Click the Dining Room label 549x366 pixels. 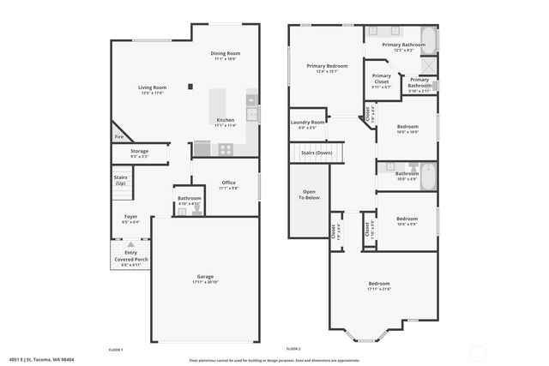pyautogui.click(x=226, y=54)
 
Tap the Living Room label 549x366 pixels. pyautogui.click(x=153, y=87)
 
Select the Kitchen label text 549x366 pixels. pyautogui.click(x=226, y=120)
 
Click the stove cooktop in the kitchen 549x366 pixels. pyautogui.click(x=226, y=148)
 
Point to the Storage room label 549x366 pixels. pyautogui.click(x=139, y=152)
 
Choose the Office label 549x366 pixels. pyautogui.click(x=228, y=182)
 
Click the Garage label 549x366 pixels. pyautogui.click(x=205, y=276)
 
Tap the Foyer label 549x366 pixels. pyautogui.click(x=130, y=217)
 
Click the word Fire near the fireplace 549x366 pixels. pyautogui.click(x=118, y=136)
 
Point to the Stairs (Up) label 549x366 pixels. pyautogui.click(x=120, y=181)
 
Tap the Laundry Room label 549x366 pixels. pyautogui.click(x=306, y=123)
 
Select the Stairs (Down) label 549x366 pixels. pyautogui.click(x=317, y=153)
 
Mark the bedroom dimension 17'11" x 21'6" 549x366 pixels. pyautogui.click(x=379, y=289)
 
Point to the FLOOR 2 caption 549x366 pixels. pyautogui.click(x=293, y=350)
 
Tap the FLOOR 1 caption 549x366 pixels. pyautogui.click(x=116, y=350)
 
